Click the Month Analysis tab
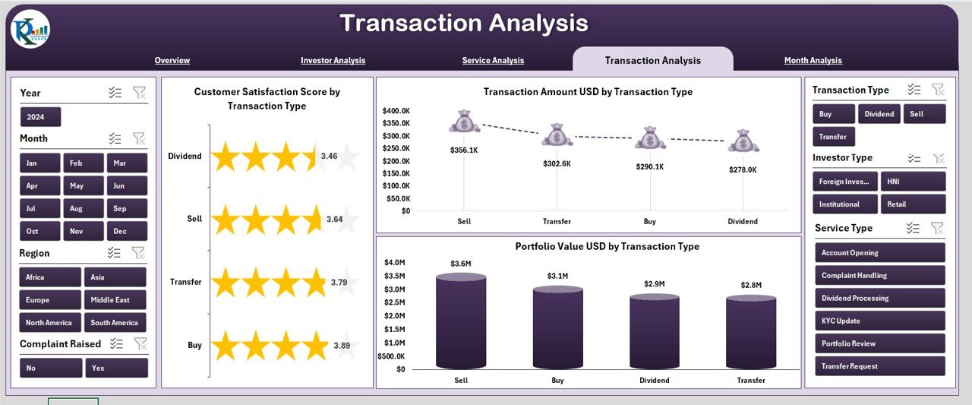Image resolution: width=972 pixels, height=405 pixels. point(813,61)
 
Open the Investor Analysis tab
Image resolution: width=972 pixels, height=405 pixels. point(333,61)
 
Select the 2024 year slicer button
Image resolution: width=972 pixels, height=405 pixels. point(40,117)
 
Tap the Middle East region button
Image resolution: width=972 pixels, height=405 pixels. point(115,300)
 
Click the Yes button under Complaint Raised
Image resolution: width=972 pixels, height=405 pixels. point(116,368)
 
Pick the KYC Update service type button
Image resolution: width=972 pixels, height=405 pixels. point(879,321)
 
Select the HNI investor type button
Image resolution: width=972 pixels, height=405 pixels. point(913,181)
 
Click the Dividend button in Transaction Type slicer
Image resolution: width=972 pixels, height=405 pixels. point(879,114)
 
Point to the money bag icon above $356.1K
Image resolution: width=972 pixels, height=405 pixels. point(464,122)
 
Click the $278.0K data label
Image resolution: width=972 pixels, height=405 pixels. point(742,170)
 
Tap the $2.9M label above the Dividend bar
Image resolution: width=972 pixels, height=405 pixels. point(654,284)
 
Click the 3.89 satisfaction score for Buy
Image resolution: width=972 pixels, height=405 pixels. point(342,346)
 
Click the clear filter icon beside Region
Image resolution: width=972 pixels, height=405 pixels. point(139,253)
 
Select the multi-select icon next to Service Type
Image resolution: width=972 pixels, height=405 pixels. point(914,228)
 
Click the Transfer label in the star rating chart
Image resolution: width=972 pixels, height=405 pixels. point(186,282)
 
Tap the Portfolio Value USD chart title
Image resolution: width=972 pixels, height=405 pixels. point(607,247)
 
